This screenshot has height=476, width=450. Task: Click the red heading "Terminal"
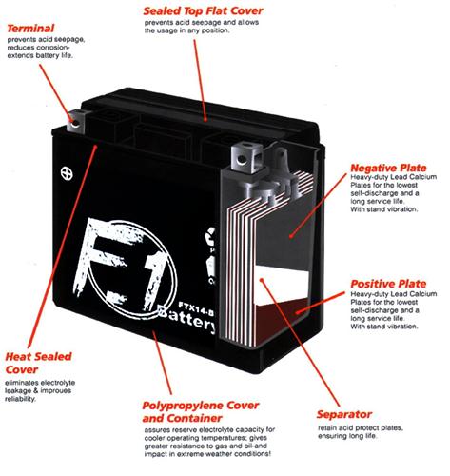pyautogui.click(x=30, y=29)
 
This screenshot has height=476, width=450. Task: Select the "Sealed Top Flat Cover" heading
pyautogui.click(x=203, y=10)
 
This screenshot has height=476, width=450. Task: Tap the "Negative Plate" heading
pyautogui.click(x=388, y=168)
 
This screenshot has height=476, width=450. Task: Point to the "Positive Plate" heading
pyautogui.click(x=388, y=284)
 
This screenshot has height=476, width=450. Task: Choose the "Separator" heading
pyautogui.click(x=344, y=414)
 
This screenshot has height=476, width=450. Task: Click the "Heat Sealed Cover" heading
pyautogui.click(x=38, y=363)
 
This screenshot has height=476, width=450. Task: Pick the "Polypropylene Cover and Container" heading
pyautogui.click(x=201, y=411)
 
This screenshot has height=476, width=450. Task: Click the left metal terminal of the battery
pyautogui.click(x=76, y=121)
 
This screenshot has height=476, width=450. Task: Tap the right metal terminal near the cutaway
pyautogui.click(x=246, y=157)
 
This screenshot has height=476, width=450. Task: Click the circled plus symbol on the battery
pyautogui.click(x=67, y=173)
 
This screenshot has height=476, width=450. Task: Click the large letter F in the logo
pyautogui.click(x=103, y=257)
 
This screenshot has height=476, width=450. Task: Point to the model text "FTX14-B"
pyautogui.click(x=196, y=308)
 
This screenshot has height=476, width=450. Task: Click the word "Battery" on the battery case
pyautogui.click(x=187, y=319)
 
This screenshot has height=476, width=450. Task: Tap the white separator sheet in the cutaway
pyautogui.click(x=283, y=284)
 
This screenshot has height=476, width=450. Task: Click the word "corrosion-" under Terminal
pyautogui.click(x=52, y=48)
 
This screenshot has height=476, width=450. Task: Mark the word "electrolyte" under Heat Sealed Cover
pyautogui.click(x=58, y=383)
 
